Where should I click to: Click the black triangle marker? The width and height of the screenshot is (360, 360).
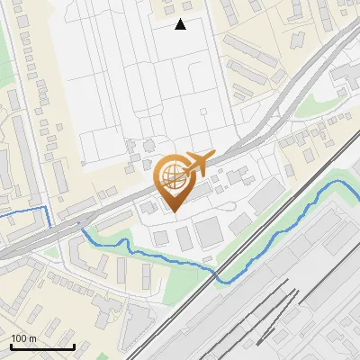[x=181, y=24]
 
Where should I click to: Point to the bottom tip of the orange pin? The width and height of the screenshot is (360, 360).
[x=171, y=211]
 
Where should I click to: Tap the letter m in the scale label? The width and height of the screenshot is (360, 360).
[x=32, y=338]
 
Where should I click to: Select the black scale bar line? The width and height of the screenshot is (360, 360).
[x=42, y=346]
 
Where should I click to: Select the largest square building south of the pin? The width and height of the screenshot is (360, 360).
[x=210, y=232]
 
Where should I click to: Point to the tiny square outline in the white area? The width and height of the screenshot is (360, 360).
[x=205, y=112]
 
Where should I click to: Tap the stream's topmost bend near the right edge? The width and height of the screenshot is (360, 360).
[x=339, y=182]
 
